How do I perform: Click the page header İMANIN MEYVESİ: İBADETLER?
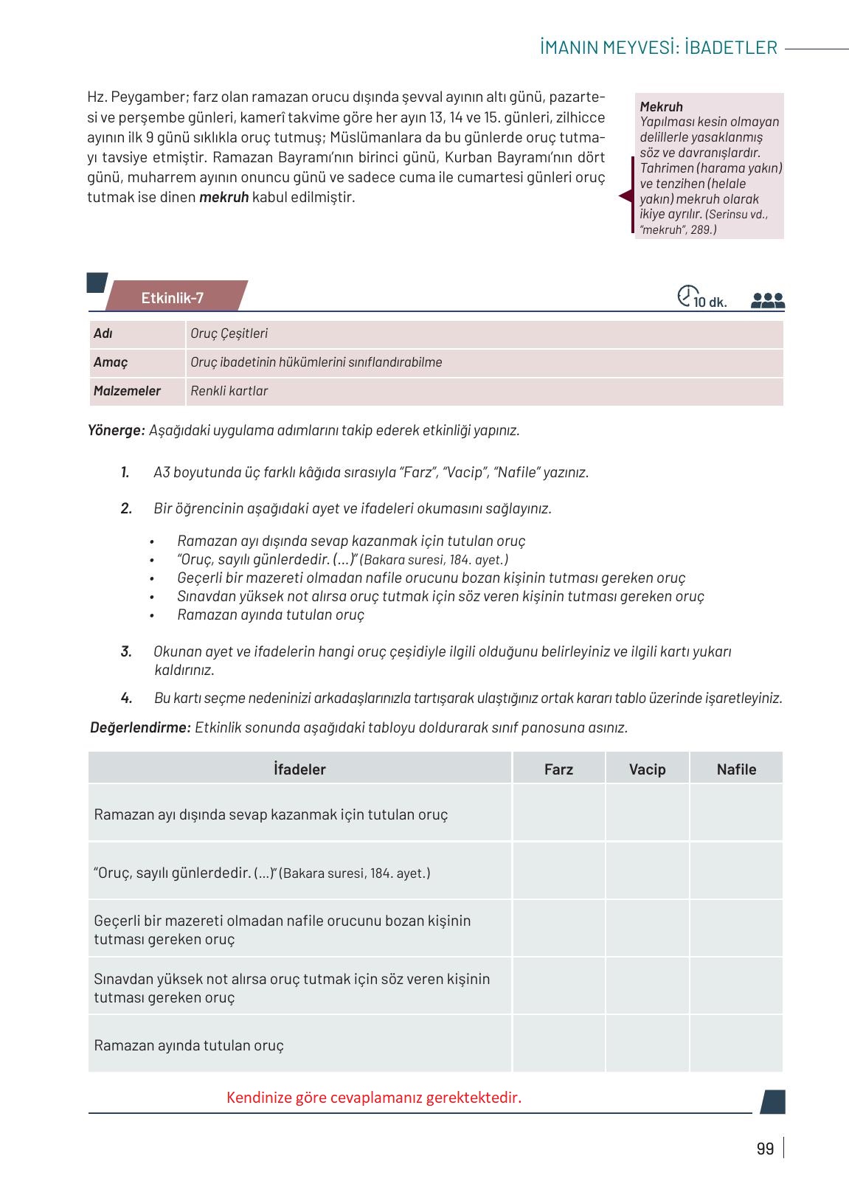pos(658,48)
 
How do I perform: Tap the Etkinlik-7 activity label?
pos(173,298)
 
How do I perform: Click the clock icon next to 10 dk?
pos(685,295)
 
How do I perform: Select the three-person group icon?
pos(767,300)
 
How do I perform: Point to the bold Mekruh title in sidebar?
pos(661,107)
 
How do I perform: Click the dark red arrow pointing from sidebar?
pos(626,196)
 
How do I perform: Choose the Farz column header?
pos(558,769)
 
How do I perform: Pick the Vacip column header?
pos(647,769)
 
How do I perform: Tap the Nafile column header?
pos(736,769)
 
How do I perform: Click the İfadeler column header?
pos(299,769)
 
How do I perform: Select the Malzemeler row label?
pos(127,391)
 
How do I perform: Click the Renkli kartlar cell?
pos(229,391)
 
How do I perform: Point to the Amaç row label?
pos(111,362)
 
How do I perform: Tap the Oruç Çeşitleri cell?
pos(229,333)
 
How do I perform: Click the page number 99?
pos(765,1149)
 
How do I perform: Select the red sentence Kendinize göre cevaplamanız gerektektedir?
pos(374,1098)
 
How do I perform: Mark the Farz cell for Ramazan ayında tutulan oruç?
pos(558,1045)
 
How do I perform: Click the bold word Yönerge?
pos(117,430)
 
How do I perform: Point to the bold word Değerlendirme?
pos(140,727)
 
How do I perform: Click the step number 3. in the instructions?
pos(127,651)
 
